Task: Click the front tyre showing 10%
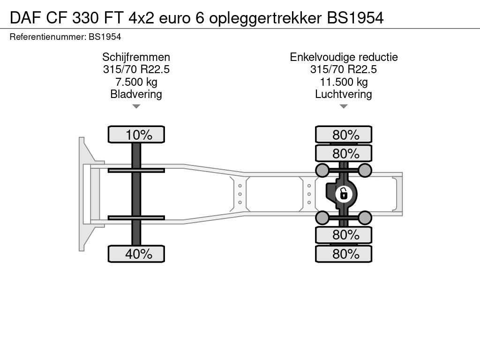pos(136,135)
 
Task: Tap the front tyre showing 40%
pos(136,254)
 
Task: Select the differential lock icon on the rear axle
pos(344,194)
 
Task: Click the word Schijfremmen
pos(136,57)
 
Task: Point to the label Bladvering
pos(136,94)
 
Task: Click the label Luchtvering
pos(344,94)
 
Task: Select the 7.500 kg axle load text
pos(136,82)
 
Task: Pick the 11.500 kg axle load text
pos(344,82)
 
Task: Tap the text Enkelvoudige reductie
pos(344,57)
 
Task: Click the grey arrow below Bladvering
pos(136,106)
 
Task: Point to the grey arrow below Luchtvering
pos(344,106)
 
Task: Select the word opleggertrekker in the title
pos(265,18)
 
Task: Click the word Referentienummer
pos(47,37)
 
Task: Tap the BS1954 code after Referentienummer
pos(105,37)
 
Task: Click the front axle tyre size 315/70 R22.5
pos(136,69)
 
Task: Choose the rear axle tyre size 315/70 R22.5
pos(344,69)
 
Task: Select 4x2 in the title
pos(141,18)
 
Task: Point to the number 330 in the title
pos(85,18)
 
